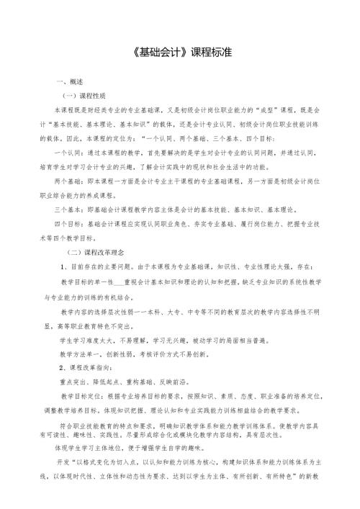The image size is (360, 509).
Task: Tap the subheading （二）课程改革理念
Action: [97, 253]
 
